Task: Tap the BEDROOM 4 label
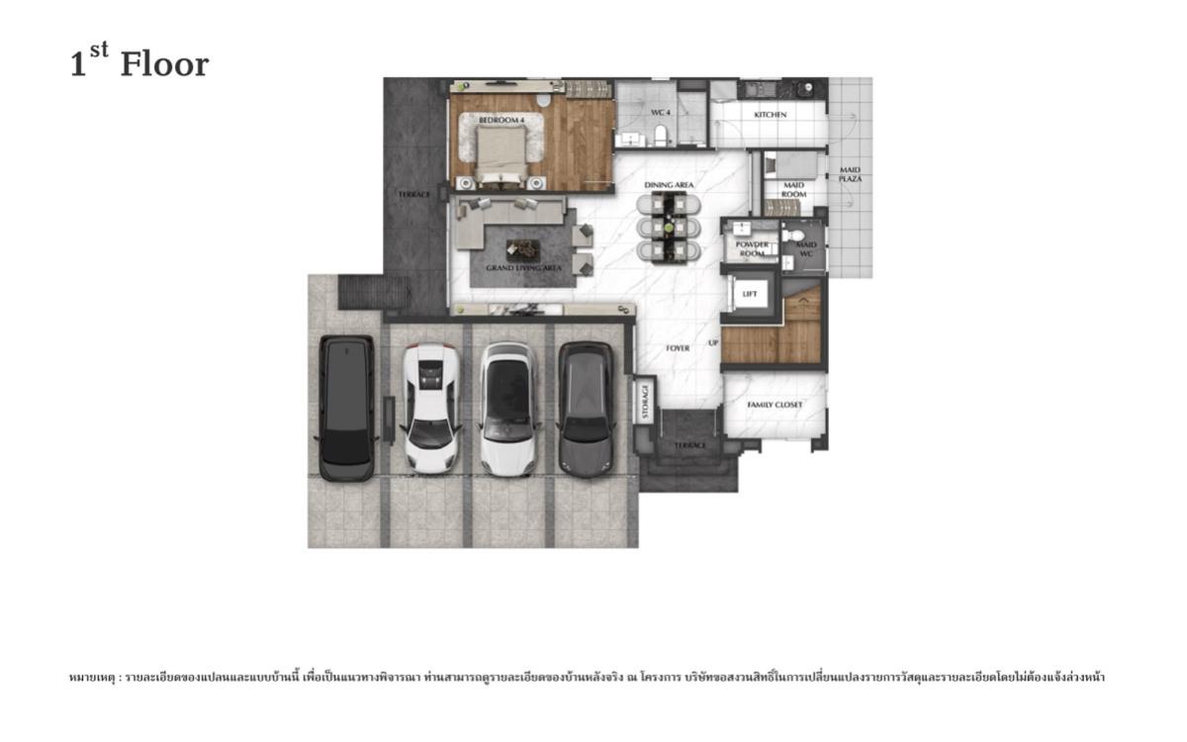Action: pyautogui.click(x=502, y=120)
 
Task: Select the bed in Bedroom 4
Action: pyautogui.click(x=502, y=158)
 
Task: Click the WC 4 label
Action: pyautogui.click(x=661, y=113)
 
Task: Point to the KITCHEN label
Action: pyautogui.click(x=770, y=115)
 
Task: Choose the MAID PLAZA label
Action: pyautogui.click(x=850, y=174)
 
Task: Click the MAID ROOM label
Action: pyautogui.click(x=793, y=190)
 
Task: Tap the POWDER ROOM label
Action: pyautogui.click(x=752, y=249)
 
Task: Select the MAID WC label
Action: pyautogui.click(x=806, y=249)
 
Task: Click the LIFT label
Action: pyautogui.click(x=750, y=294)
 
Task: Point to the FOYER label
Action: pyautogui.click(x=678, y=348)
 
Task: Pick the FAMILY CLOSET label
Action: pyautogui.click(x=774, y=405)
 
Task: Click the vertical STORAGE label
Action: pyautogui.click(x=645, y=402)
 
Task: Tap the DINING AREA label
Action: pyautogui.click(x=669, y=185)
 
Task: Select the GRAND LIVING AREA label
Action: pyautogui.click(x=523, y=268)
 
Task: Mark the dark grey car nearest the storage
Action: pyautogui.click(x=586, y=408)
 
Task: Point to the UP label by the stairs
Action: pyautogui.click(x=713, y=343)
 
